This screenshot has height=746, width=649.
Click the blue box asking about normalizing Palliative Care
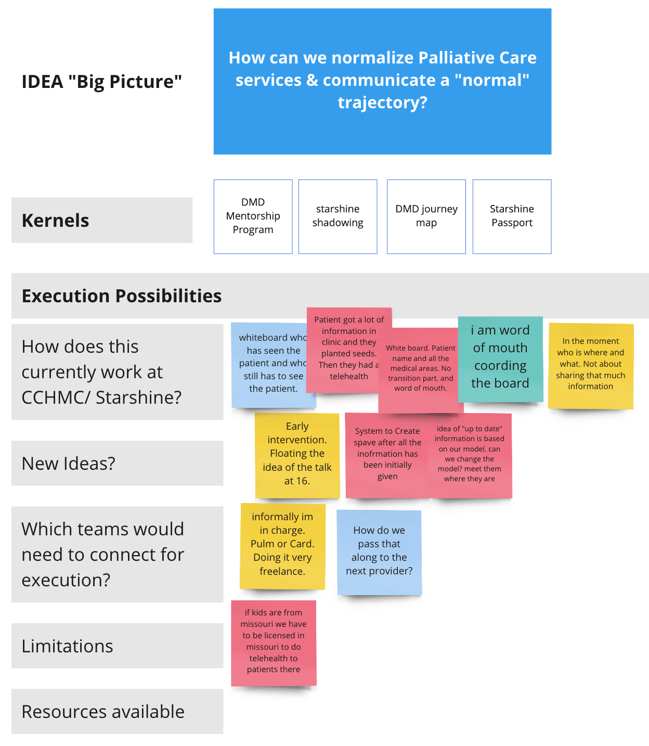(x=382, y=81)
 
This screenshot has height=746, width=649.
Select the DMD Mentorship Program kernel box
(x=253, y=216)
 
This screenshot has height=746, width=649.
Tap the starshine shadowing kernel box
(x=338, y=216)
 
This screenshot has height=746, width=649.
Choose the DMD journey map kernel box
(x=426, y=216)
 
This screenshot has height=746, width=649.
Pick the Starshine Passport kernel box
(x=512, y=216)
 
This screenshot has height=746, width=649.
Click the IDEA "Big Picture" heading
(x=102, y=82)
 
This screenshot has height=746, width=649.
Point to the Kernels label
(x=56, y=221)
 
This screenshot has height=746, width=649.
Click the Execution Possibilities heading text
(x=122, y=296)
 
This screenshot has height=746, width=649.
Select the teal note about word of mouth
(x=500, y=357)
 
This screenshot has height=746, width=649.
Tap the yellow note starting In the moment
(x=590, y=364)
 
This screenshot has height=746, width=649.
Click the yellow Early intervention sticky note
(x=297, y=454)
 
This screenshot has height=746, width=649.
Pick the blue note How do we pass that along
(x=379, y=551)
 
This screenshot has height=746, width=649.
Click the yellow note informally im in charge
(x=282, y=545)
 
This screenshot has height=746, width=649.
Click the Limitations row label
(x=68, y=646)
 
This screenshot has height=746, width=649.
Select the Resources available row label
(x=103, y=712)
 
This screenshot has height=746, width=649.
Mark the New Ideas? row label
(x=69, y=464)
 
